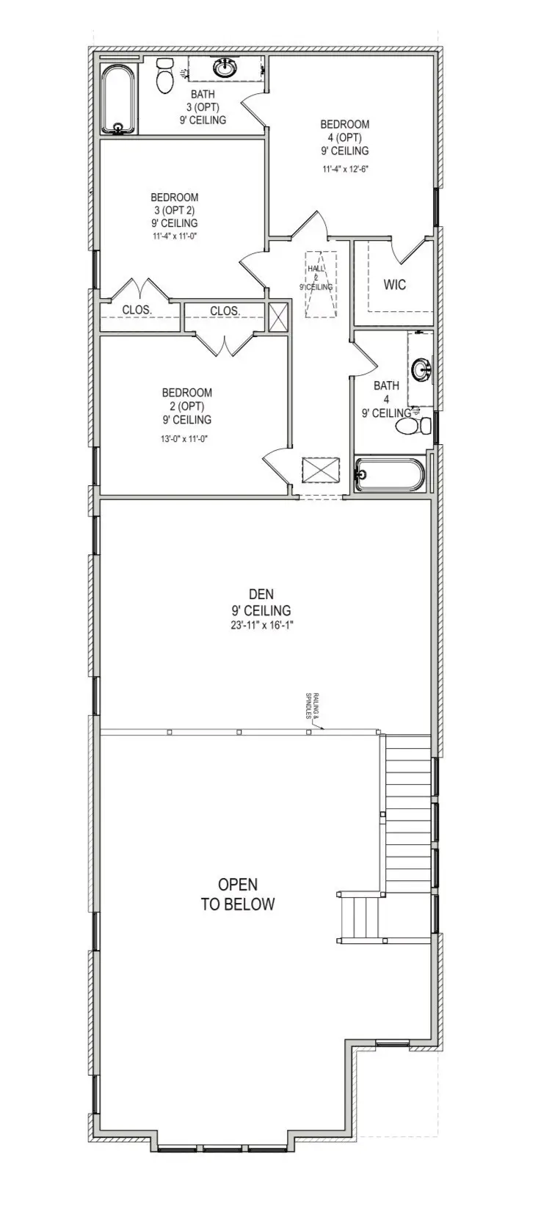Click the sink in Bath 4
coord(421,369)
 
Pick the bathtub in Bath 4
coord(389,474)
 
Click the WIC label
coord(394,285)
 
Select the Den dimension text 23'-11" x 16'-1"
coord(261,625)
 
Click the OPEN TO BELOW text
coord(238,894)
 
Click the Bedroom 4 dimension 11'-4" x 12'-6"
coord(344,169)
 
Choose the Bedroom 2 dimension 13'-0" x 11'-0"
coord(186,439)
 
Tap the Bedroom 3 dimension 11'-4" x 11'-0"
coord(175,236)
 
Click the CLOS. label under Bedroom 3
coord(137,310)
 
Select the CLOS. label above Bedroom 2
coord(225,311)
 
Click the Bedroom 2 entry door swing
coord(275,464)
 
